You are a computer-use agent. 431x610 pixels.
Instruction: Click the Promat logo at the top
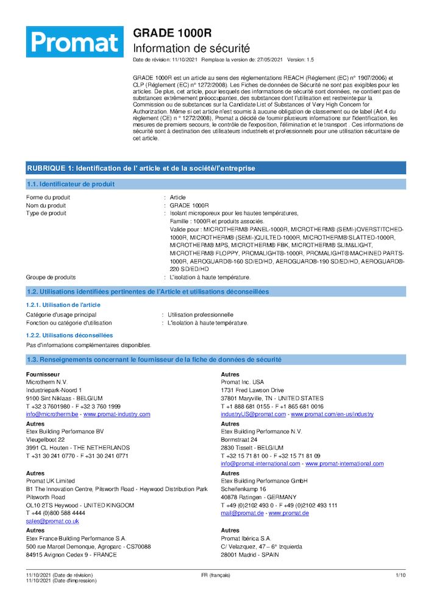[74, 41]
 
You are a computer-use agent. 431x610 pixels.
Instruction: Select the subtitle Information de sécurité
[191, 48]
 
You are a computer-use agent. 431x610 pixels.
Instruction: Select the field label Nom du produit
[46, 206]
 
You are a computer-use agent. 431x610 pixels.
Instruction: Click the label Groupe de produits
[51, 277]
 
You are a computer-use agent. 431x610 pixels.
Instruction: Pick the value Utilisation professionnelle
[201, 315]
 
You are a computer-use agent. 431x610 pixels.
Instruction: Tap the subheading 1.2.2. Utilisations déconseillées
[69, 335]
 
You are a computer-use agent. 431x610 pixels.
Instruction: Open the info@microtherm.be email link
[52, 414]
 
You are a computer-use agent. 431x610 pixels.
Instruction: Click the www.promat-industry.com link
[116, 414]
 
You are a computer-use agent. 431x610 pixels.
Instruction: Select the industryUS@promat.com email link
[253, 414]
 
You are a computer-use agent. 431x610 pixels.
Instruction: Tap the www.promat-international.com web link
[344, 464]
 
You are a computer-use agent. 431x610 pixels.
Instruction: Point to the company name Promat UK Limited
[51, 481]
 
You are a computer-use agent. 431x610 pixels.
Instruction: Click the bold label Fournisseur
[43, 374]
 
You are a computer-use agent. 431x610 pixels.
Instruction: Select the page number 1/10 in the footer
[401, 575]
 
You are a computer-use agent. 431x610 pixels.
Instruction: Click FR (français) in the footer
[215, 575]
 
